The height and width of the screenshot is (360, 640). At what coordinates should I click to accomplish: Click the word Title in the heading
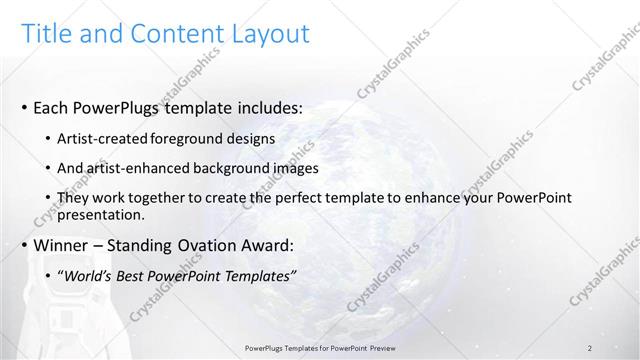click(x=49, y=34)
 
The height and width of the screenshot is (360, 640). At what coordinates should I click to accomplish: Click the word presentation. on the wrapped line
click(x=103, y=214)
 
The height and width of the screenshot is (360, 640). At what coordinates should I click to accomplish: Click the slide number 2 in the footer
click(x=590, y=347)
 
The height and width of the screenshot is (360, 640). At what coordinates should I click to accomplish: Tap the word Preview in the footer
click(x=377, y=347)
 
